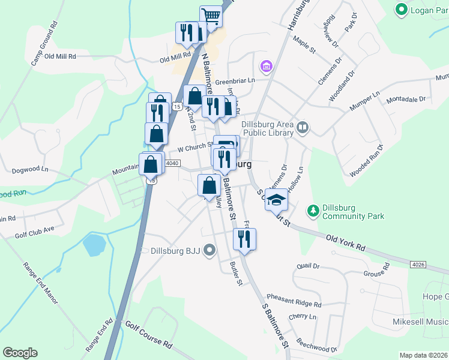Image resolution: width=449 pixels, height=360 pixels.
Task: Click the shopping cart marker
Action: (211, 16)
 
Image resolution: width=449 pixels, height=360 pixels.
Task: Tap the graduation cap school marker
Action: (276, 199)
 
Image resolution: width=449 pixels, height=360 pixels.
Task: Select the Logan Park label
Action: (426, 10)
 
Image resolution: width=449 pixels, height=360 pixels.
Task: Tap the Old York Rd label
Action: (345, 242)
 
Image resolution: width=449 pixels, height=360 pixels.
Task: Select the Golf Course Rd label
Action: (148, 335)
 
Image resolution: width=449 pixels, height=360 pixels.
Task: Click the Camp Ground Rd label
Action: (44, 44)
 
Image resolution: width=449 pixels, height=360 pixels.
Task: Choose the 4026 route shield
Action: (420, 264)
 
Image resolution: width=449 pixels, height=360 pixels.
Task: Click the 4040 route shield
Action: (172, 163)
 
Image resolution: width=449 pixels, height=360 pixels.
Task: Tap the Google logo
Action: (20, 352)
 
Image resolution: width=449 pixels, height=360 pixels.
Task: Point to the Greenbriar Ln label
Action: (236, 80)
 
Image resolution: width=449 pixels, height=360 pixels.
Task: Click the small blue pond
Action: (94, 244)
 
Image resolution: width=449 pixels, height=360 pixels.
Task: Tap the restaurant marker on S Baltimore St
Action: (244, 239)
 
